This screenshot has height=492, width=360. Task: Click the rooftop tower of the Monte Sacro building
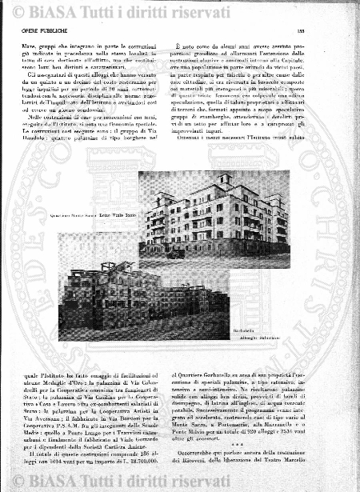point(226,179)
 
